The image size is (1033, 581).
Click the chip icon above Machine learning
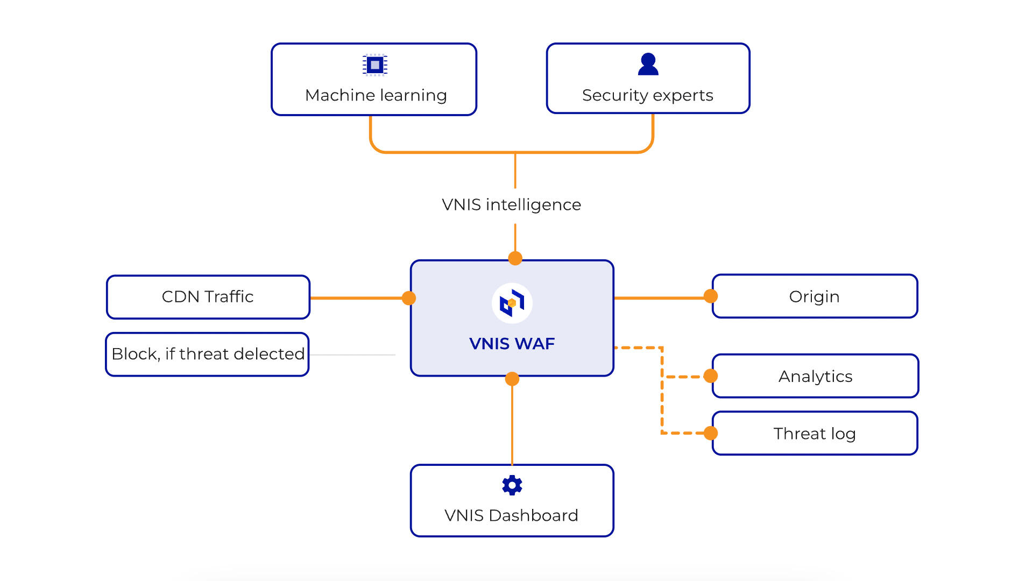coord(375,65)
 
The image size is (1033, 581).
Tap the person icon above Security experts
coord(648,65)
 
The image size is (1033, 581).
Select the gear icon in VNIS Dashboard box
coord(512,485)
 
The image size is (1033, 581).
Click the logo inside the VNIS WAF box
coord(512,303)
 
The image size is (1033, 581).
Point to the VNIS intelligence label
coord(511,205)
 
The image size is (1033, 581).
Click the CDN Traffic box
coord(208,297)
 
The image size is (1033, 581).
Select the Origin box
coord(815,297)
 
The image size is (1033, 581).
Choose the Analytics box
coord(815,377)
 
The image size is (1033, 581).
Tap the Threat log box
coord(815,434)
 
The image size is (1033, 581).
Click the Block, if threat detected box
coord(208,354)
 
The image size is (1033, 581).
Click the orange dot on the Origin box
coord(711,296)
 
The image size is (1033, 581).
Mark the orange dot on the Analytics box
coord(711,376)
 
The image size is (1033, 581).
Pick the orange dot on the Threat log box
coord(711,433)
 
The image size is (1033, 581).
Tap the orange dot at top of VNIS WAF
coord(515,258)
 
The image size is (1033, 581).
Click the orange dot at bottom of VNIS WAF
coord(512,379)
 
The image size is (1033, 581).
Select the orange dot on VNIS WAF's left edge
coord(409,298)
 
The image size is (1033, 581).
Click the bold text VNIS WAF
coord(512,344)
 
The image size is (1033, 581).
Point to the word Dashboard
coord(533,515)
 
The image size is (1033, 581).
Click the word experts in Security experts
coord(683,96)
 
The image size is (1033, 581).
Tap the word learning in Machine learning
coord(414,96)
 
